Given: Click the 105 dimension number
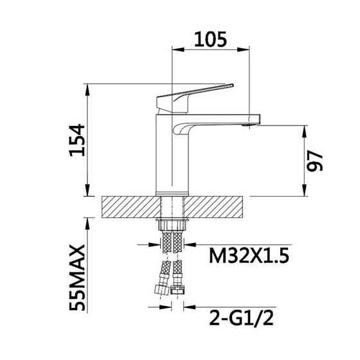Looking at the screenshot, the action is point(211,39).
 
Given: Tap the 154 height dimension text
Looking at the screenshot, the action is point(77,140).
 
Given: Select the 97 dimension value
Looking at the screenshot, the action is point(315,161).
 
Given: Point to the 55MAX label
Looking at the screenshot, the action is point(77,278).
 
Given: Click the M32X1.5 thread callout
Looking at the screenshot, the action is point(249,256).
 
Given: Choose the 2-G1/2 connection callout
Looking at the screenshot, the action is point(242,318).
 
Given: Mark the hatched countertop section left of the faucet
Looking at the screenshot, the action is point(130,206).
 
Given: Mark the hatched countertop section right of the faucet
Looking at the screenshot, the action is point(213,206).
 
